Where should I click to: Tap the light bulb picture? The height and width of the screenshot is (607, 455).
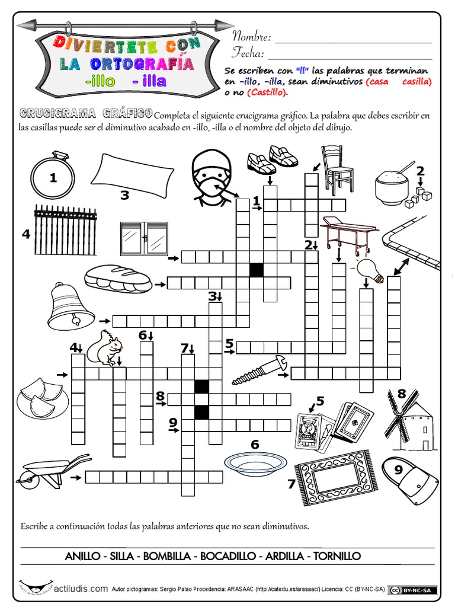click(x=372, y=270)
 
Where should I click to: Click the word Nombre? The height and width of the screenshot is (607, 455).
click(x=251, y=37)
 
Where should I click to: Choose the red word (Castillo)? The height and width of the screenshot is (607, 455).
click(x=267, y=92)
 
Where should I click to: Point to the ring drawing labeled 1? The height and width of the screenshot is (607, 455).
click(x=53, y=176)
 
